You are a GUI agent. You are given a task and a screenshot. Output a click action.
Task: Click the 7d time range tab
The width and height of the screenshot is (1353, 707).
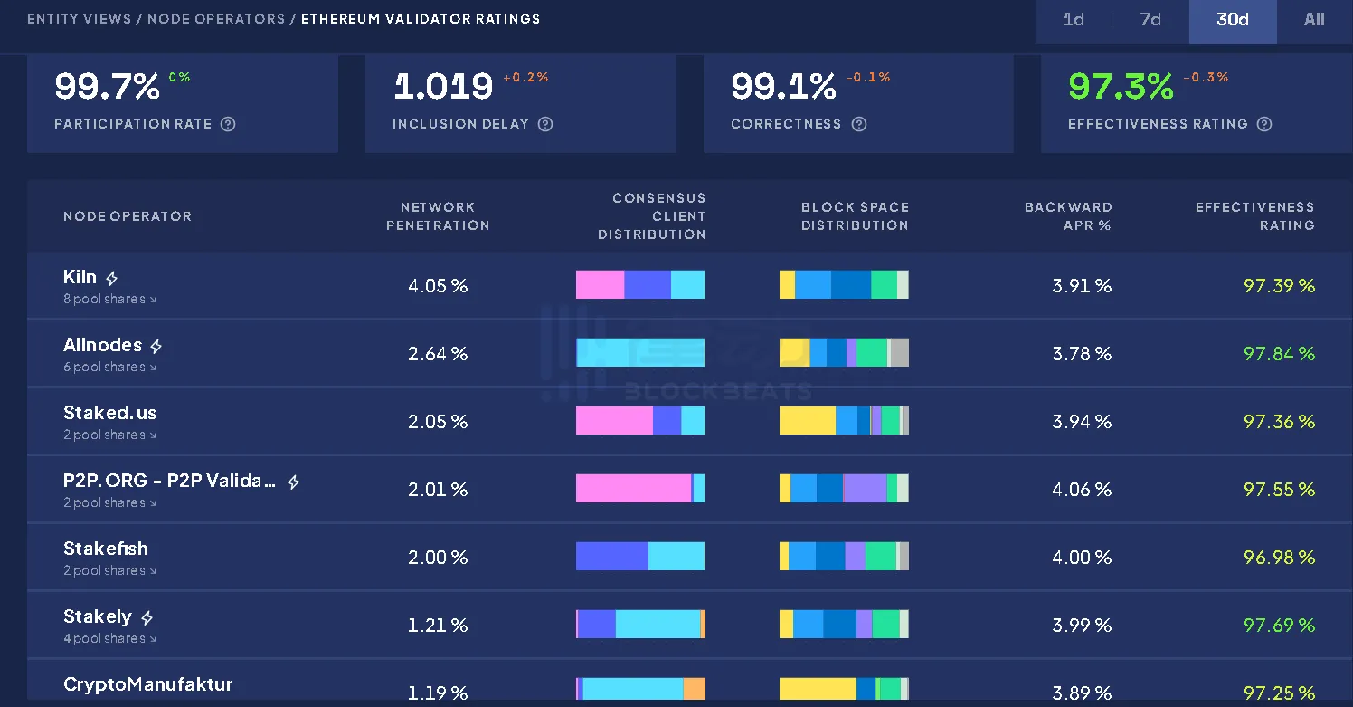pos(1150,20)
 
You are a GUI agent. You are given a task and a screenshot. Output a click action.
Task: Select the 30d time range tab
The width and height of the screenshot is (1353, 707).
pos(1233,20)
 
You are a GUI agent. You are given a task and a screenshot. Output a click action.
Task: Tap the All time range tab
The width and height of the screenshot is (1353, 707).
pos(1314,20)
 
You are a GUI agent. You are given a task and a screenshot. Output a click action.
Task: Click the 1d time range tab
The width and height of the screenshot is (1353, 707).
pos(1074,20)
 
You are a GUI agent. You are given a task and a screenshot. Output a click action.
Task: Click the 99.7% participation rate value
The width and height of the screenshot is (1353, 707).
pos(107,87)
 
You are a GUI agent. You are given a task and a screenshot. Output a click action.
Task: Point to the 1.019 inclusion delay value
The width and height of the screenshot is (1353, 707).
pos(443,87)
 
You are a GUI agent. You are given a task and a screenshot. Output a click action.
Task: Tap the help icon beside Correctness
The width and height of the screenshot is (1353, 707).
pos(859,124)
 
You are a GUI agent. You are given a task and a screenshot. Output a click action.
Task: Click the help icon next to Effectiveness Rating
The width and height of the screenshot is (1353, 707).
pos(1264,124)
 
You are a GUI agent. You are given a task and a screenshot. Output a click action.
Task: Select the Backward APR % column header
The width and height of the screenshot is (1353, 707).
pos(1068,216)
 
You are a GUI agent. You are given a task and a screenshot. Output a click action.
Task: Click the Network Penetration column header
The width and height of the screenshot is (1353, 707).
pos(438,216)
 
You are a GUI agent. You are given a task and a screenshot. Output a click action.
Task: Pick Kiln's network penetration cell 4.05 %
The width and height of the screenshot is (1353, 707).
pos(438,286)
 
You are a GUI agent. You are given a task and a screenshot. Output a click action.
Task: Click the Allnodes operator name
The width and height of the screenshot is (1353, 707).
pos(102,345)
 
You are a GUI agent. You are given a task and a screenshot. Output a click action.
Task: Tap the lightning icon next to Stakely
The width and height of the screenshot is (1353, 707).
pos(147,617)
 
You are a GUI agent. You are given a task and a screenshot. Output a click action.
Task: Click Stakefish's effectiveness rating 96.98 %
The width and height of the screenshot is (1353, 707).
pos(1279,558)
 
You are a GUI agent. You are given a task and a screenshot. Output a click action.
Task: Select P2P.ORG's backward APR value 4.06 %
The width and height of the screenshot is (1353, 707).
pos(1082,490)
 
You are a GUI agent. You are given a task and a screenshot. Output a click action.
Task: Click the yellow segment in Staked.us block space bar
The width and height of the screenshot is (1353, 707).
pos(807,421)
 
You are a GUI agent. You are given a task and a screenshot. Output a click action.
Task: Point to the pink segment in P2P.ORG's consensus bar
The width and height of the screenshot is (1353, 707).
pos(633,489)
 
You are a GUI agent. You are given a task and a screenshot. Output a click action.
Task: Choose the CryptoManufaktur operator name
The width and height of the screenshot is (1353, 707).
pos(147,684)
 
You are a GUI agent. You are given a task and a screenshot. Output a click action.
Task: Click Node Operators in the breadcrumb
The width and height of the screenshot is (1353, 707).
pos(216,19)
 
